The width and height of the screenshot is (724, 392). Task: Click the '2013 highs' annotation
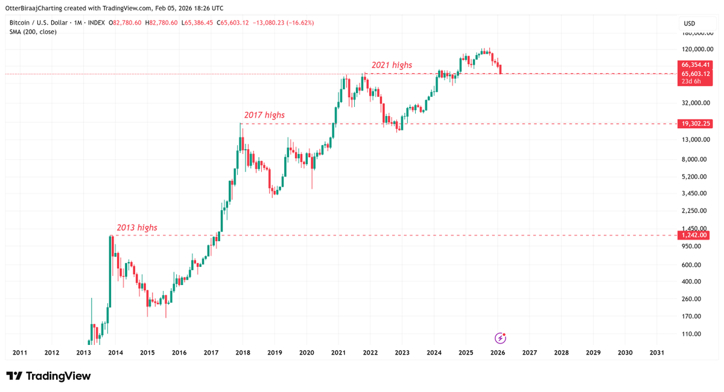coord(137,228)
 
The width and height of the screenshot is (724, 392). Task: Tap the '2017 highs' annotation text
coord(264,115)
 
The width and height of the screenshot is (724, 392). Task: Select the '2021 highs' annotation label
coord(392,65)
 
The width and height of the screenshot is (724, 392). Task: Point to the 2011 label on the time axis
coord(20,352)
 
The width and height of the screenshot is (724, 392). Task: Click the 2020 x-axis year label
coord(306,352)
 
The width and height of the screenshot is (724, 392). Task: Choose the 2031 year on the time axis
coord(657,352)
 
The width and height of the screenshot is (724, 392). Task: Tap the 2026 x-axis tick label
coord(498,352)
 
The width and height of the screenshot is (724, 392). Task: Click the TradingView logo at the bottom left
coord(48,376)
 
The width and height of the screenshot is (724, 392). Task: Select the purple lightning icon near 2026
coord(500,338)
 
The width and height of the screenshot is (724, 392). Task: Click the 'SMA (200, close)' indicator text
coord(33,31)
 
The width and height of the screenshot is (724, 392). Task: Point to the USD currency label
coord(688,24)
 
